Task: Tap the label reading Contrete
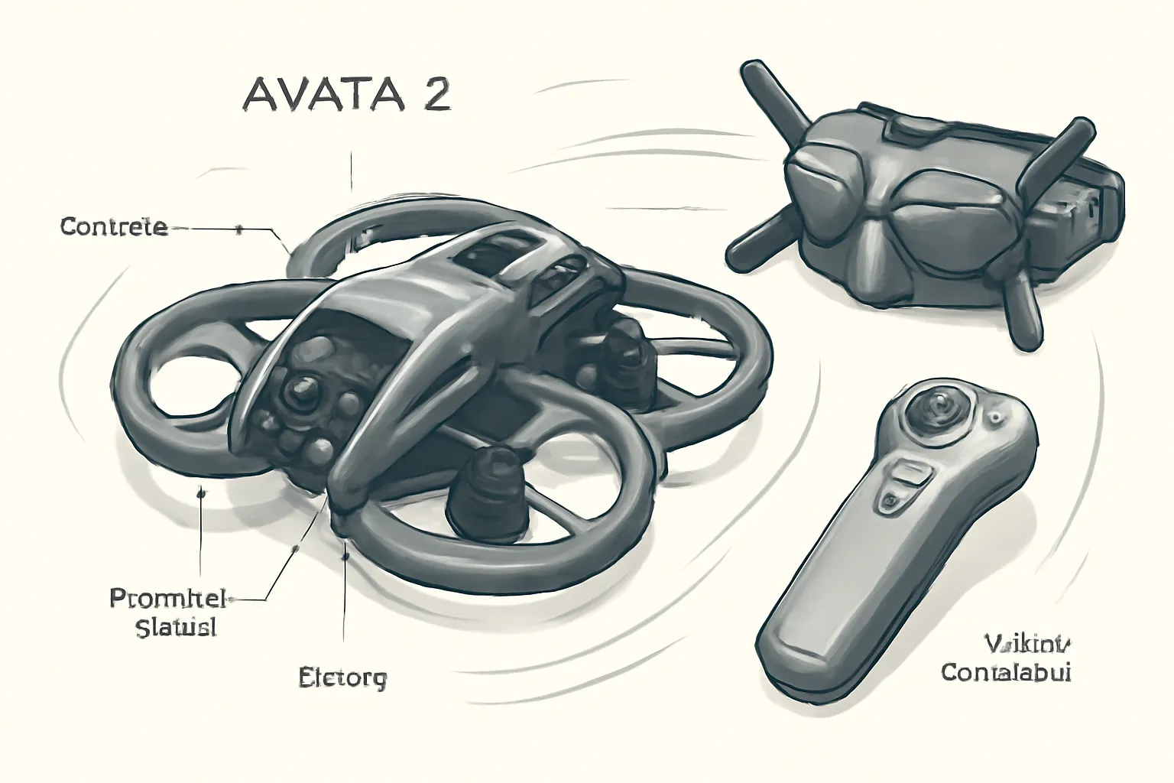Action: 113,227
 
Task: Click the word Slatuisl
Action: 176,628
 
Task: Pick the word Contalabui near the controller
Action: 1006,673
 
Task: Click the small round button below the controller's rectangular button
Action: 890,502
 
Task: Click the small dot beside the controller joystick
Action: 996,417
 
